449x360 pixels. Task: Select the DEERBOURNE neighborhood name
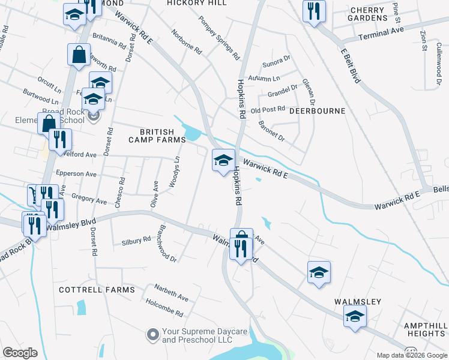318,111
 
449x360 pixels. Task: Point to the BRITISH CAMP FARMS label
157,136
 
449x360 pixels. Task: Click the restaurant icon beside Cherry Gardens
314,11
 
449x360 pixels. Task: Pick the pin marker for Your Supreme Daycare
152,334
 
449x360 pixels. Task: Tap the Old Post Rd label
267,110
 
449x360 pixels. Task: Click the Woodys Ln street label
174,173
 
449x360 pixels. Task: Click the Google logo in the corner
20,353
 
